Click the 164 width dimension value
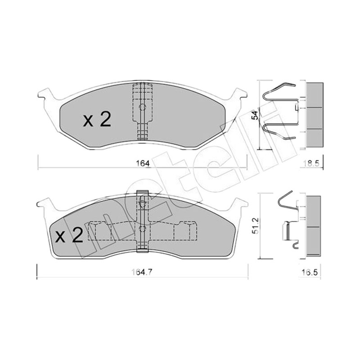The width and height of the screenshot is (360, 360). [143, 164]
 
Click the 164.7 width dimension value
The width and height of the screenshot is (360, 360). [142, 272]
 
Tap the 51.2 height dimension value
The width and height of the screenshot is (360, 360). [256, 226]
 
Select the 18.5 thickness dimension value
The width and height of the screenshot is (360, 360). [312, 164]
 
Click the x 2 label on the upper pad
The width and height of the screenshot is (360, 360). [97, 120]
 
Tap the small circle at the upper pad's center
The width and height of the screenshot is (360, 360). [143, 107]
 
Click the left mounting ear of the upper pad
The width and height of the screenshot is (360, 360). [47, 94]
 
